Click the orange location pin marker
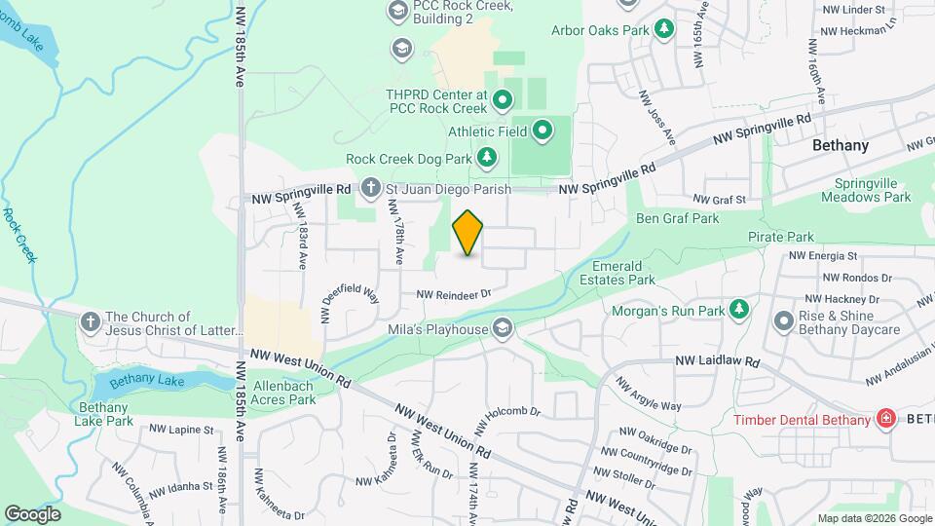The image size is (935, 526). [x=467, y=232]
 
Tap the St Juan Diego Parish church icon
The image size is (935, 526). [x=370, y=186]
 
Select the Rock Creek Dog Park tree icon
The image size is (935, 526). [x=487, y=158]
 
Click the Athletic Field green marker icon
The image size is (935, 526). [x=542, y=130]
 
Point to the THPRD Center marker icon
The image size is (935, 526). [x=503, y=99]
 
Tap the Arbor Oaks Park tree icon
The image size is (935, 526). [x=665, y=29]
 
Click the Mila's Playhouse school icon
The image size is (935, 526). [x=503, y=327]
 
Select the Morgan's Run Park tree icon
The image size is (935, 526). [x=740, y=310]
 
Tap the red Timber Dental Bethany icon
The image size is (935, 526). [x=886, y=420]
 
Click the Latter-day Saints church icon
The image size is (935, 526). [x=91, y=321]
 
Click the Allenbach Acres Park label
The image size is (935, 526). [x=283, y=393]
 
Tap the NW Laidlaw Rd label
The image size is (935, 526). [x=717, y=361]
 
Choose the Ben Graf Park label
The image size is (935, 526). [x=678, y=219]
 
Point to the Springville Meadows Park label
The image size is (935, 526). [x=873, y=190]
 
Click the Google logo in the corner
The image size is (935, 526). [x=32, y=513]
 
